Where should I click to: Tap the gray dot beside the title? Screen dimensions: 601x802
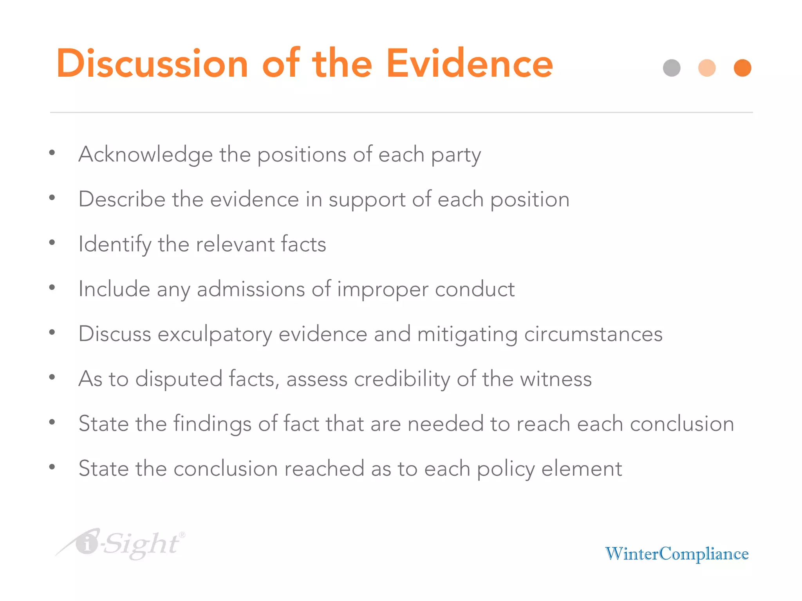pyautogui.click(x=672, y=68)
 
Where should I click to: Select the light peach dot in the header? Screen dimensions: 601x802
pyautogui.click(x=707, y=68)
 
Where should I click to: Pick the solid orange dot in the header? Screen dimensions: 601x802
pyautogui.click(x=742, y=68)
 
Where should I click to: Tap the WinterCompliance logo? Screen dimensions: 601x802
pyautogui.click(x=677, y=554)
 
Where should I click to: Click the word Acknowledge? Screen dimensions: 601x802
pyautogui.click(x=145, y=154)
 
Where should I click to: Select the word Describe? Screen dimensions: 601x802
pyautogui.click(x=122, y=199)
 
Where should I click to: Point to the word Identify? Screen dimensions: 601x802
pyautogui.click(x=115, y=244)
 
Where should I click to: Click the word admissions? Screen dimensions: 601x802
pyautogui.click(x=251, y=289)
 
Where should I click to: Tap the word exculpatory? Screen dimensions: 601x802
pyautogui.click(x=215, y=334)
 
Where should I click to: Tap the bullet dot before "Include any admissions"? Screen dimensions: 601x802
pyautogui.click(x=52, y=288)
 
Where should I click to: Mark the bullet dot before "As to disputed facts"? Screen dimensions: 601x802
pyautogui.click(x=52, y=377)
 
